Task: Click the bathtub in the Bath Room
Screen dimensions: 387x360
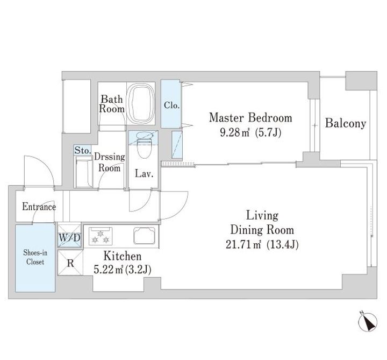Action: pos(141,103)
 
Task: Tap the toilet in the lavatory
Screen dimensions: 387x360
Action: pos(144,145)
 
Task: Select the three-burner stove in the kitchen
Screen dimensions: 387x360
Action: pos(101,236)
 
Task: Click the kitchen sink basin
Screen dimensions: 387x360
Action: pos(145,236)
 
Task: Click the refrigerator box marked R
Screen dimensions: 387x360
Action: pos(70,263)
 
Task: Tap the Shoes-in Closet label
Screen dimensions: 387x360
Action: pos(35,257)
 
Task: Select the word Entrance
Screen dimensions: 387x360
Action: pos(39,207)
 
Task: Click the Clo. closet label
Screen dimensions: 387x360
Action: pos(171,105)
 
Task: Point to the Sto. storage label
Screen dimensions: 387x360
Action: pos(83,150)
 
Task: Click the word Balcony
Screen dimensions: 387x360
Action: pos(345,123)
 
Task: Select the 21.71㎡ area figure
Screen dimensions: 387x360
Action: pos(243,245)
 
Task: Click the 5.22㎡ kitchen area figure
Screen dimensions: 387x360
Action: pos(109,269)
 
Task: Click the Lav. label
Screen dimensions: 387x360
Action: pos(144,174)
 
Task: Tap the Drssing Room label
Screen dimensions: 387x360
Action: pos(109,163)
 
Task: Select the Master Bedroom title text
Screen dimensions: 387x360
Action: pos(250,118)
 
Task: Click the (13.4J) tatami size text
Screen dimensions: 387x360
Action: pos(283,245)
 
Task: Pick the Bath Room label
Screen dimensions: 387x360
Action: pos(112,104)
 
